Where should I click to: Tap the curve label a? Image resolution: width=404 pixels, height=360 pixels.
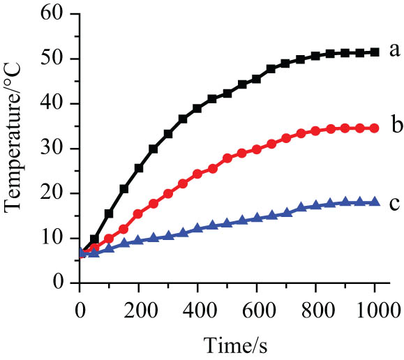(394, 50)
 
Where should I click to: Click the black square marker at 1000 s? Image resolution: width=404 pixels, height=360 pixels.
(375, 52)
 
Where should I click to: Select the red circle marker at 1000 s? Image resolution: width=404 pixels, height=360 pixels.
(375, 128)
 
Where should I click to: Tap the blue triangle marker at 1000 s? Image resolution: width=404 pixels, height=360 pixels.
(375, 202)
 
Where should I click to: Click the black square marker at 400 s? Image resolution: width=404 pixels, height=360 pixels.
(197, 108)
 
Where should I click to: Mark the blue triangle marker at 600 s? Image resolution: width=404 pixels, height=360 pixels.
(257, 218)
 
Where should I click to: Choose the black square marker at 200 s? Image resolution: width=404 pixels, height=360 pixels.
(139, 168)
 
